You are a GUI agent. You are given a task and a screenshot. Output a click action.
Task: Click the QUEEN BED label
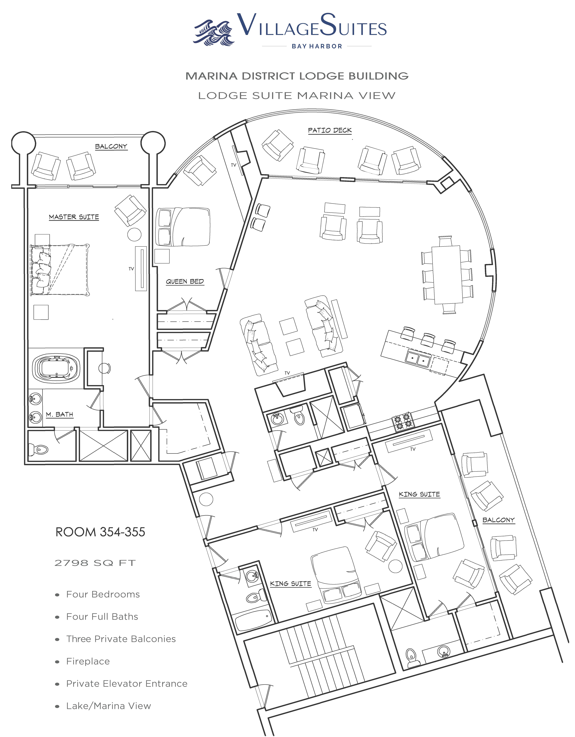185,281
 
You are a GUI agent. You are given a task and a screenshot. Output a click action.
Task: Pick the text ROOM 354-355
100,532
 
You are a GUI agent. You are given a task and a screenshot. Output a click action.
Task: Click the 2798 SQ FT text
95,563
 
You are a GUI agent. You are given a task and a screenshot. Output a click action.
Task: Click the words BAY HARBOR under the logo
317,46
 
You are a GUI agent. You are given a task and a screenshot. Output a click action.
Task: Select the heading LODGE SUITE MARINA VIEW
297,96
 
